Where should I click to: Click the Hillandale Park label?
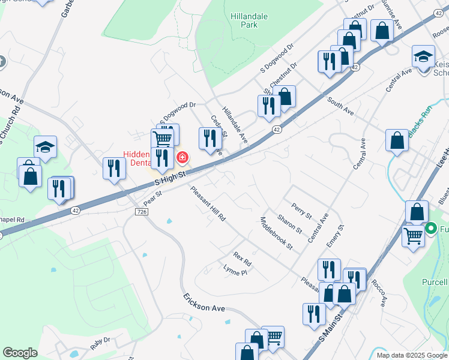244,21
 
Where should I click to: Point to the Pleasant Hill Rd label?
208,204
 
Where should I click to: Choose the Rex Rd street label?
242,259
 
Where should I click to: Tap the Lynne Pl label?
235,270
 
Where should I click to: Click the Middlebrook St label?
276,233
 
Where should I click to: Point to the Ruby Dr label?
101,343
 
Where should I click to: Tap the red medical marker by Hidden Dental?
182,158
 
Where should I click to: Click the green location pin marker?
430,229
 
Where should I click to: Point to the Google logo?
20,353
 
